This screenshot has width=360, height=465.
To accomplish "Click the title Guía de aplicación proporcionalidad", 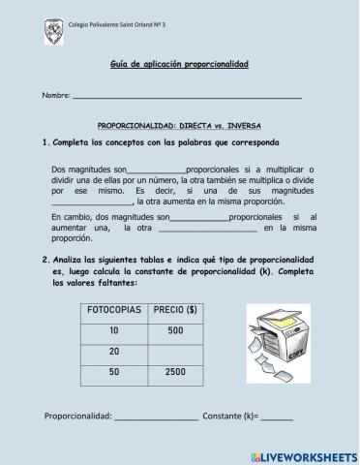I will pos(179,64).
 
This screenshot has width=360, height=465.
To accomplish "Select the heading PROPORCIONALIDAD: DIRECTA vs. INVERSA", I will pos(179,127).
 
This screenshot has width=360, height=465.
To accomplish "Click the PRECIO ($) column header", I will pos(176,310).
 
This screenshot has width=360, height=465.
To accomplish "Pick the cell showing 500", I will pos(175,330).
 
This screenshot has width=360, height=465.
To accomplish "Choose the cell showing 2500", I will pos(175,371).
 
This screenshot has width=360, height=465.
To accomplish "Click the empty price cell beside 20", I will pos(175,351).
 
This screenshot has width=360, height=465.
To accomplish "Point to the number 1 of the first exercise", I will pos(45,143).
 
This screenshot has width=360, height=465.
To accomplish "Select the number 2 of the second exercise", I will pos(45,261).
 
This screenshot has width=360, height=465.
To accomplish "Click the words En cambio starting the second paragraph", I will pos(70,218).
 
